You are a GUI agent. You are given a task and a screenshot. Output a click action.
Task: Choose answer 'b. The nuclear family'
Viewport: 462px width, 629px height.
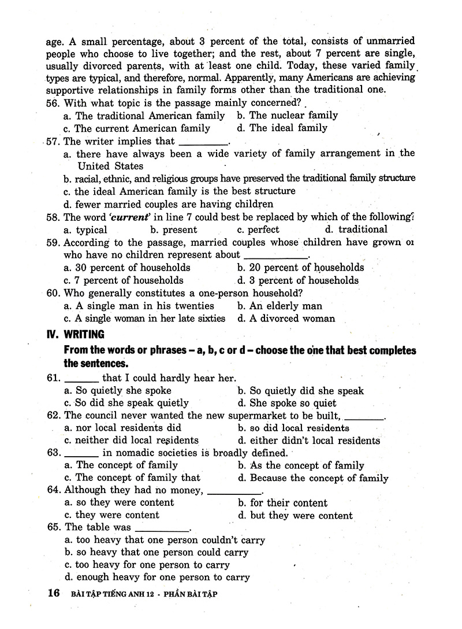pos(287,115)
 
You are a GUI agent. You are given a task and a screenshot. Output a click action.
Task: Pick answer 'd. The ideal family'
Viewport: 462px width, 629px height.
pos(282,128)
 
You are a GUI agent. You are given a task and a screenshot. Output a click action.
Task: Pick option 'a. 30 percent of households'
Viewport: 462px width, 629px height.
pos(126,268)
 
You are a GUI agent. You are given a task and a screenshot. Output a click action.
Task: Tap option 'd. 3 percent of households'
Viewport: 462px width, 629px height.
pos(297,280)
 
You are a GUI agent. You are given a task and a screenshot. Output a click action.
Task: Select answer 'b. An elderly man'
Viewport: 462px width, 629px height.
pos(280,306)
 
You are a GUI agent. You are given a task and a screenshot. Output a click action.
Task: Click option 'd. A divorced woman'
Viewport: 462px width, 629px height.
pos(286,319)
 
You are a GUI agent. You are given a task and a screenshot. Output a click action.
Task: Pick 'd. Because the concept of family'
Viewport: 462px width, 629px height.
pos(312,478)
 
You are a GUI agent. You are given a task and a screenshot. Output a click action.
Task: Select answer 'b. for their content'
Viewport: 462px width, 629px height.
pos(282,503)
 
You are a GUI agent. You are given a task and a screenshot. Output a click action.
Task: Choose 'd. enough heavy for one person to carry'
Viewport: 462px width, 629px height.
pos(157,577)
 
